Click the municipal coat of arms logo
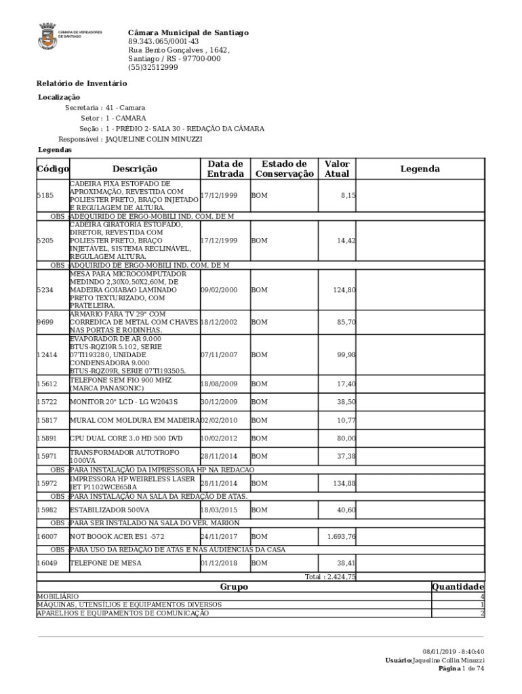[x=47, y=36]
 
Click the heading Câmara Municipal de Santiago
[x=188, y=33]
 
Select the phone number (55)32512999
[x=153, y=68]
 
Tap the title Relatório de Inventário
[x=81, y=83]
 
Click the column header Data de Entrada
[x=225, y=169]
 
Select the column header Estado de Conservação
[x=285, y=169]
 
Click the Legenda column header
[x=420, y=169]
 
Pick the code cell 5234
[x=45, y=290]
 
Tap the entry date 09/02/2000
[x=219, y=290]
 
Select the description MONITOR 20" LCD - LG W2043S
[x=124, y=402]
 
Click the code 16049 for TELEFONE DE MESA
[x=47, y=563]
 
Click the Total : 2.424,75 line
[x=330, y=577]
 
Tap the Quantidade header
[x=458, y=587]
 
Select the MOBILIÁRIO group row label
[x=58, y=596]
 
